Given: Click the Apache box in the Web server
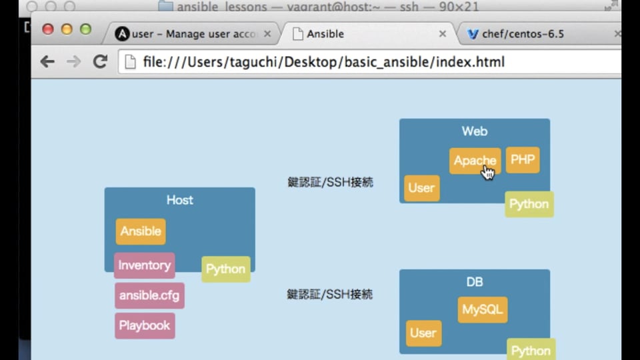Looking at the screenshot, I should point(474,161).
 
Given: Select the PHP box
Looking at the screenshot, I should point(523,160).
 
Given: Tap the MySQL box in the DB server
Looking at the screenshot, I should point(483,310).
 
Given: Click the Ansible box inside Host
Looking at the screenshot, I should point(140,231).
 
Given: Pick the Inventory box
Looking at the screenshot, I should point(144,265).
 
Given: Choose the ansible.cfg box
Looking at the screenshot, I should point(149,295).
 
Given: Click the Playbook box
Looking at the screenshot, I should point(145,325).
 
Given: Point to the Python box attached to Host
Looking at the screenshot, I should point(225,269).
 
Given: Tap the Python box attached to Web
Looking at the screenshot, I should point(529,204).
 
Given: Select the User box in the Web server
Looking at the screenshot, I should point(421,188).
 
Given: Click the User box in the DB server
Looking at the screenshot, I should point(423,333).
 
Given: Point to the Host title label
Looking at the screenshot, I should point(179,200).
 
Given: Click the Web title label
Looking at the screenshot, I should point(474,131).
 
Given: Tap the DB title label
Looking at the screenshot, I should point(474,282).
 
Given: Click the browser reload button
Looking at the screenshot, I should point(100,62).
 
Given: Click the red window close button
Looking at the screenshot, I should point(48,29).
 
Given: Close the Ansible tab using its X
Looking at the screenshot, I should point(442,34).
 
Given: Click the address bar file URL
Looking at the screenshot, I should point(323,62).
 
